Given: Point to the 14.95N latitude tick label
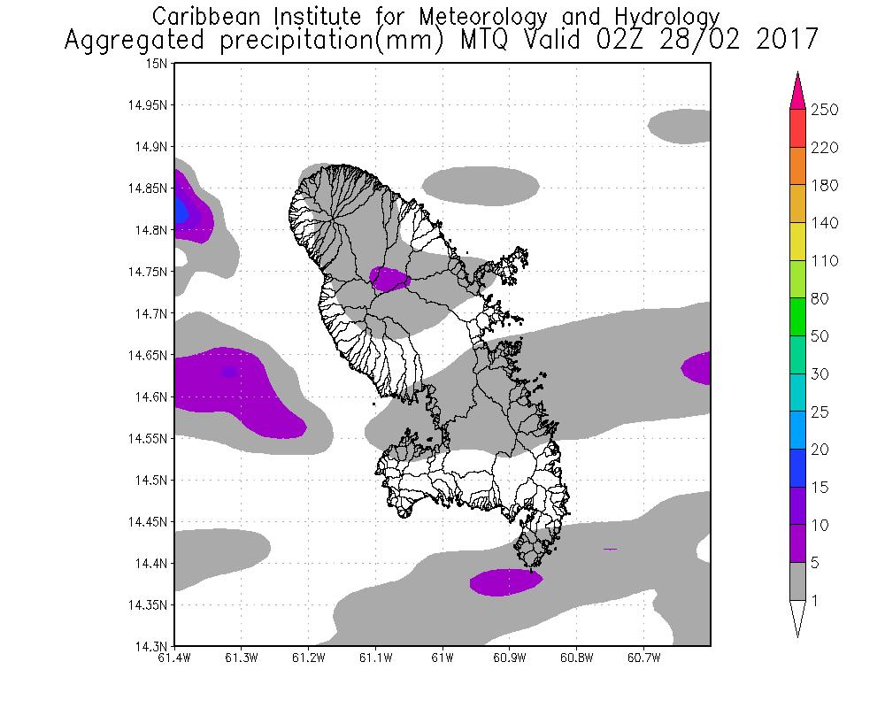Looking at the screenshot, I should pos(149,105).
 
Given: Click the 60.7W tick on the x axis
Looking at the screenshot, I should pos(643,658).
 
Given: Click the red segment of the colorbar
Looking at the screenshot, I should pos(796,128).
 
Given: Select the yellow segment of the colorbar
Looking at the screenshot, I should pos(796,242).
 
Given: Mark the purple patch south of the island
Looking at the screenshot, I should pos(504,581).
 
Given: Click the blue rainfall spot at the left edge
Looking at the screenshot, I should pos(181,211).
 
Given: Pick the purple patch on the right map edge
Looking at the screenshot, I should pos(697,368).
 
